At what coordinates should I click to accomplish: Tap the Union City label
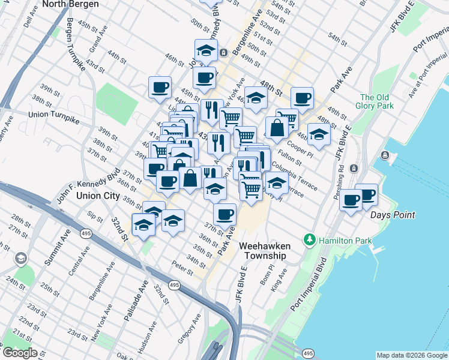click(99, 196)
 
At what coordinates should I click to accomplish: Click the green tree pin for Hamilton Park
click(310, 241)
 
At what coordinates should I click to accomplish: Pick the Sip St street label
click(94, 215)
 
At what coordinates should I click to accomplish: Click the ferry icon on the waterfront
click(384, 156)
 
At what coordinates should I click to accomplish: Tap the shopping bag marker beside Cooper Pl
click(276, 128)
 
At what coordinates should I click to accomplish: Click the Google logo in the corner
click(20, 353)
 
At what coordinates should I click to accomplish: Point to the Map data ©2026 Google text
click(411, 355)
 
